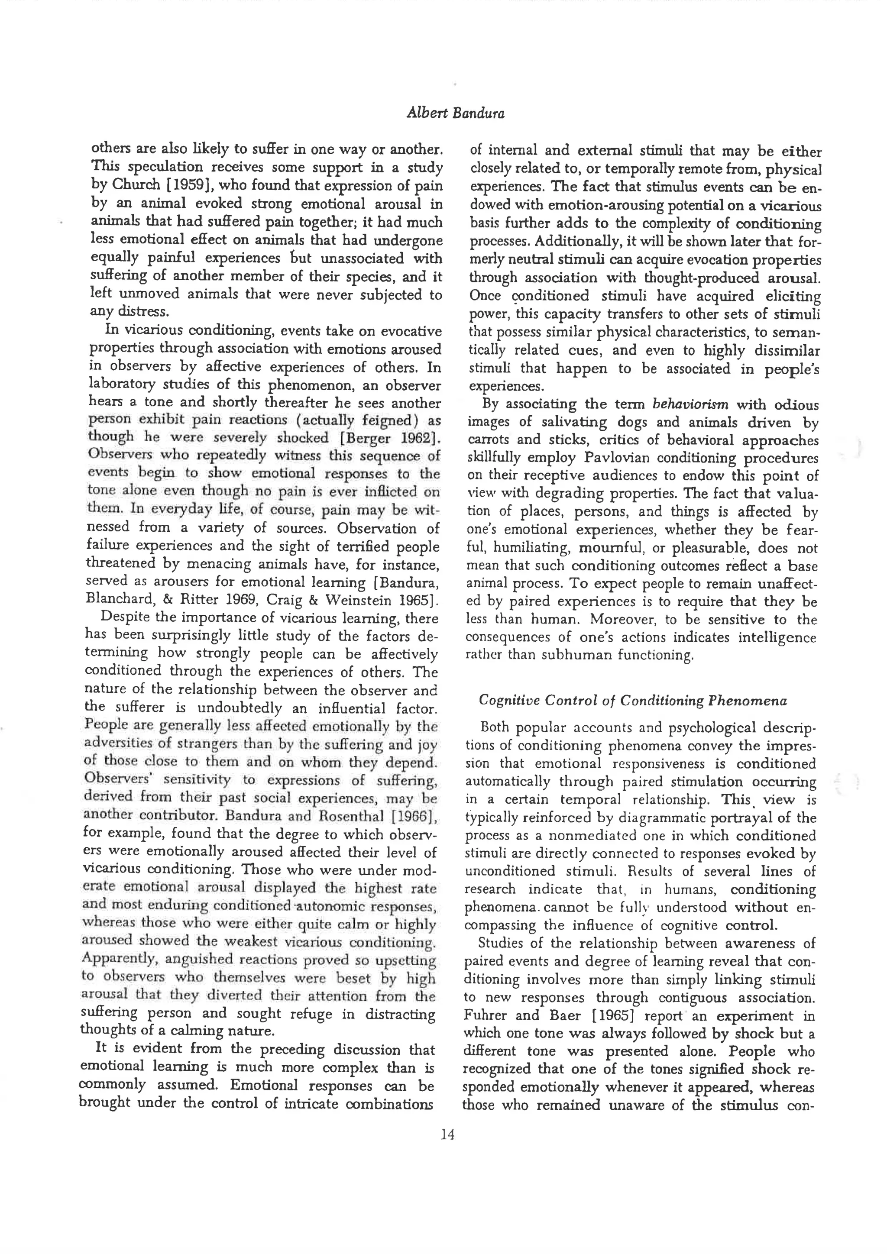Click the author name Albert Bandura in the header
(x=456, y=113)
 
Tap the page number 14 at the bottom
(x=447, y=1135)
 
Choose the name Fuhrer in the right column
(x=485, y=1016)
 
